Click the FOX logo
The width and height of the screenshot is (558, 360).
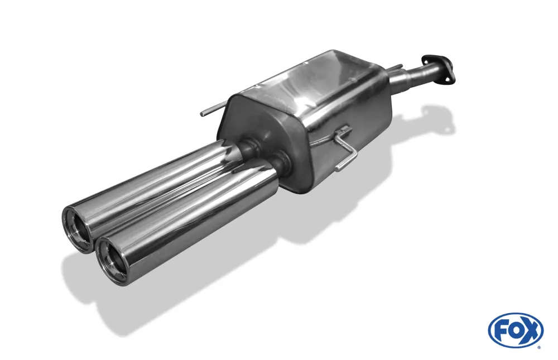click(x=515, y=330)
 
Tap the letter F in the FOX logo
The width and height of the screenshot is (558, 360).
click(x=501, y=330)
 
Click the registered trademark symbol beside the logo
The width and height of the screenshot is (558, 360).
click(x=538, y=347)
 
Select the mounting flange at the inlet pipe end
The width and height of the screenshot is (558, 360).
click(x=437, y=69)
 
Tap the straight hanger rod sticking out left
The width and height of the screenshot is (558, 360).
click(x=212, y=111)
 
